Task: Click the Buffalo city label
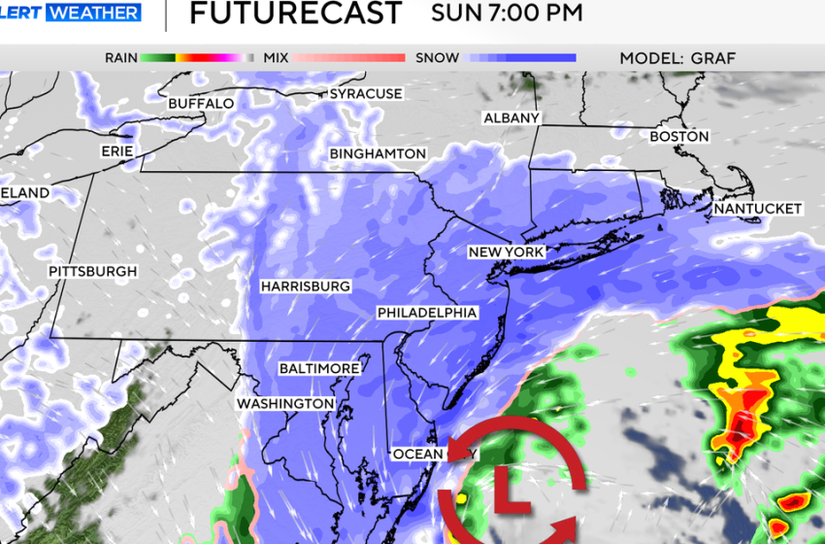coord(201,103)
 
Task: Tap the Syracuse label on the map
coord(366,94)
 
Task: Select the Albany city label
coord(511,119)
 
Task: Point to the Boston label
coord(679,137)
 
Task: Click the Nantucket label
coord(757,209)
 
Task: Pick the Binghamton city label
coord(378,154)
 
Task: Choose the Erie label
coord(116,153)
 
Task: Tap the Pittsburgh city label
coord(93,272)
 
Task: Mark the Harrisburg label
coord(305,287)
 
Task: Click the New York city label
coord(506,253)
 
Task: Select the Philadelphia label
coord(427,313)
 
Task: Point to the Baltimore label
coord(319,369)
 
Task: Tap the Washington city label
coord(285,403)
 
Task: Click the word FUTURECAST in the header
coord(295,14)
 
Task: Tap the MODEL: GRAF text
coord(677,58)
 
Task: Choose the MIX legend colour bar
coord(348,58)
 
